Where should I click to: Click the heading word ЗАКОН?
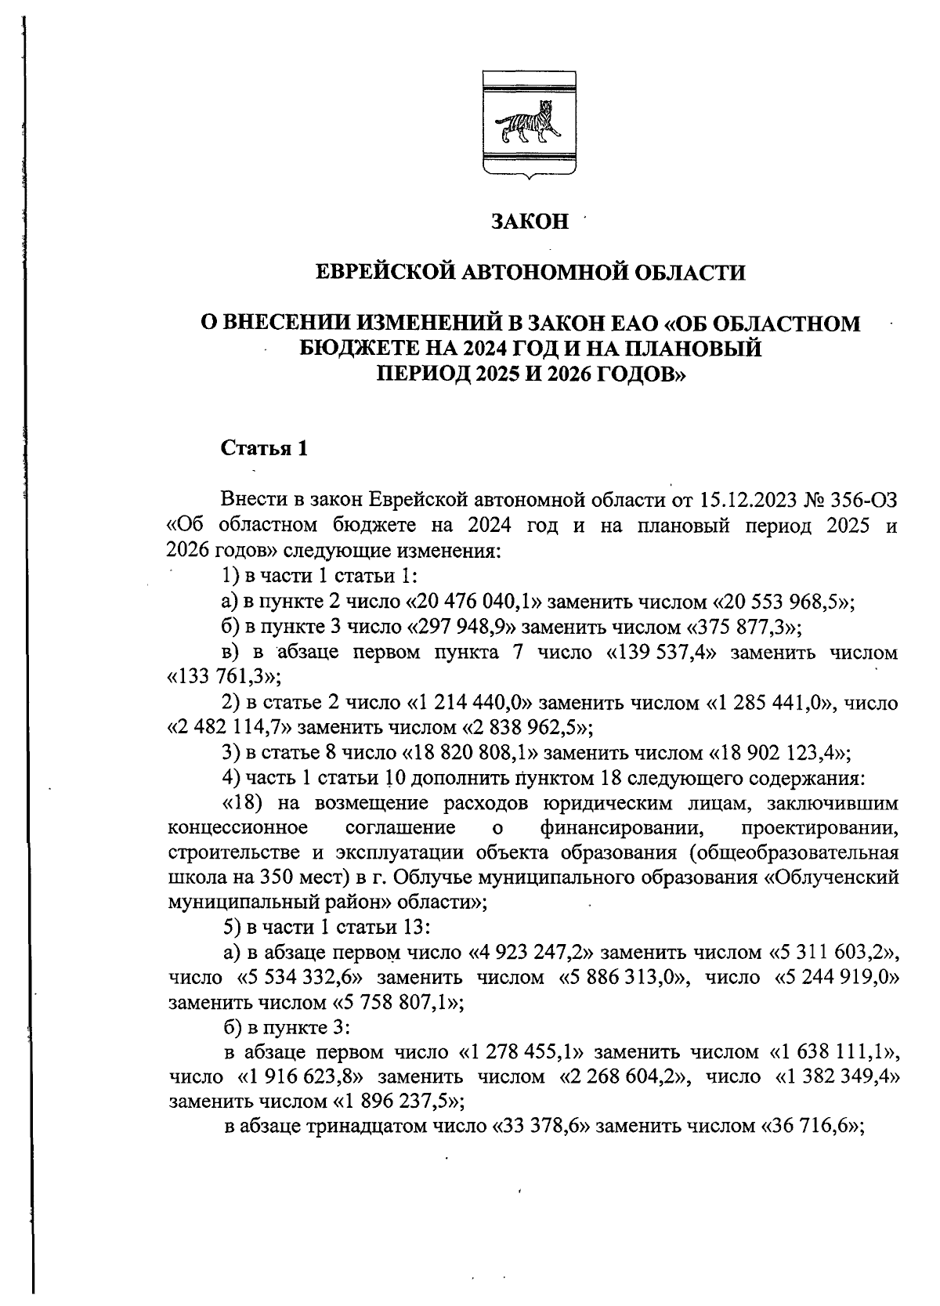pos(530,222)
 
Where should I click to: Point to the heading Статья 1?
pos(264,448)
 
